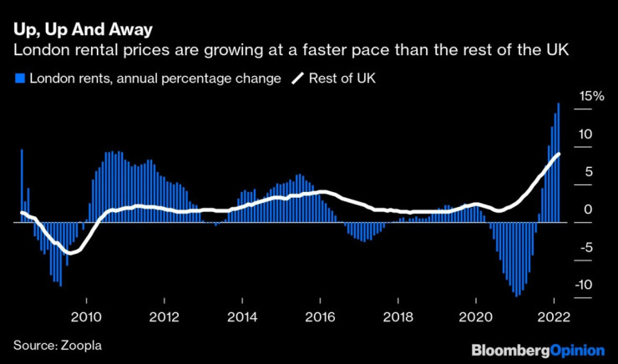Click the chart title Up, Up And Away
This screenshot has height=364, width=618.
click(x=83, y=31)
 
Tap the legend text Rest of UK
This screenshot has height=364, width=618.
click(x=343, y=79)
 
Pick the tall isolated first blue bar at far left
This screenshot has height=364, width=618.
click(x=22, y=185)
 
